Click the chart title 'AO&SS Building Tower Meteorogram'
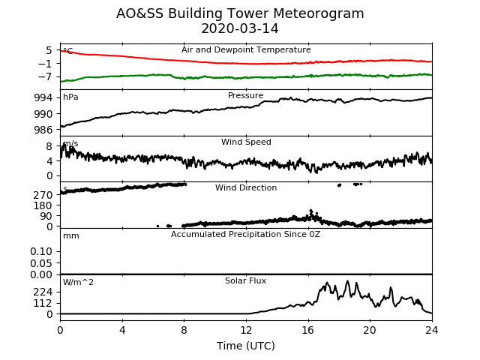tap(240, 13)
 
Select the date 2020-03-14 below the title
tap(240, 28)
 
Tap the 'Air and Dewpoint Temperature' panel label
tap(246, 50)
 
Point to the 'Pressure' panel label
tap(246, 95)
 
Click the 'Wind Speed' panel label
tap(246, 142)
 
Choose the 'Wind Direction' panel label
tap(246, 187)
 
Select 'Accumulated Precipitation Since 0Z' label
tap(245, 235)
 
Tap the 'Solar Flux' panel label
tap(245, 280)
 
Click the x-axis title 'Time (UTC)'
tap(246, 346)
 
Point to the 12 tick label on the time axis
tap(246, 330)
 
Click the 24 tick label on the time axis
tap(432, 330)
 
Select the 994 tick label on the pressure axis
tap(43, 98)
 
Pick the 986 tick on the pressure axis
tap(43, 130)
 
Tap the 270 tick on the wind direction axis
tap(43, 195)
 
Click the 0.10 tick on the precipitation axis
tap(41, 252)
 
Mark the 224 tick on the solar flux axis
tap(43, 292)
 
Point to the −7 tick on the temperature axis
tap(45, 76)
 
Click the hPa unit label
tap(70, 97)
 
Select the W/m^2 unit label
tap(78, 282)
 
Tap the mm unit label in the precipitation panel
tap(71, 236)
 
